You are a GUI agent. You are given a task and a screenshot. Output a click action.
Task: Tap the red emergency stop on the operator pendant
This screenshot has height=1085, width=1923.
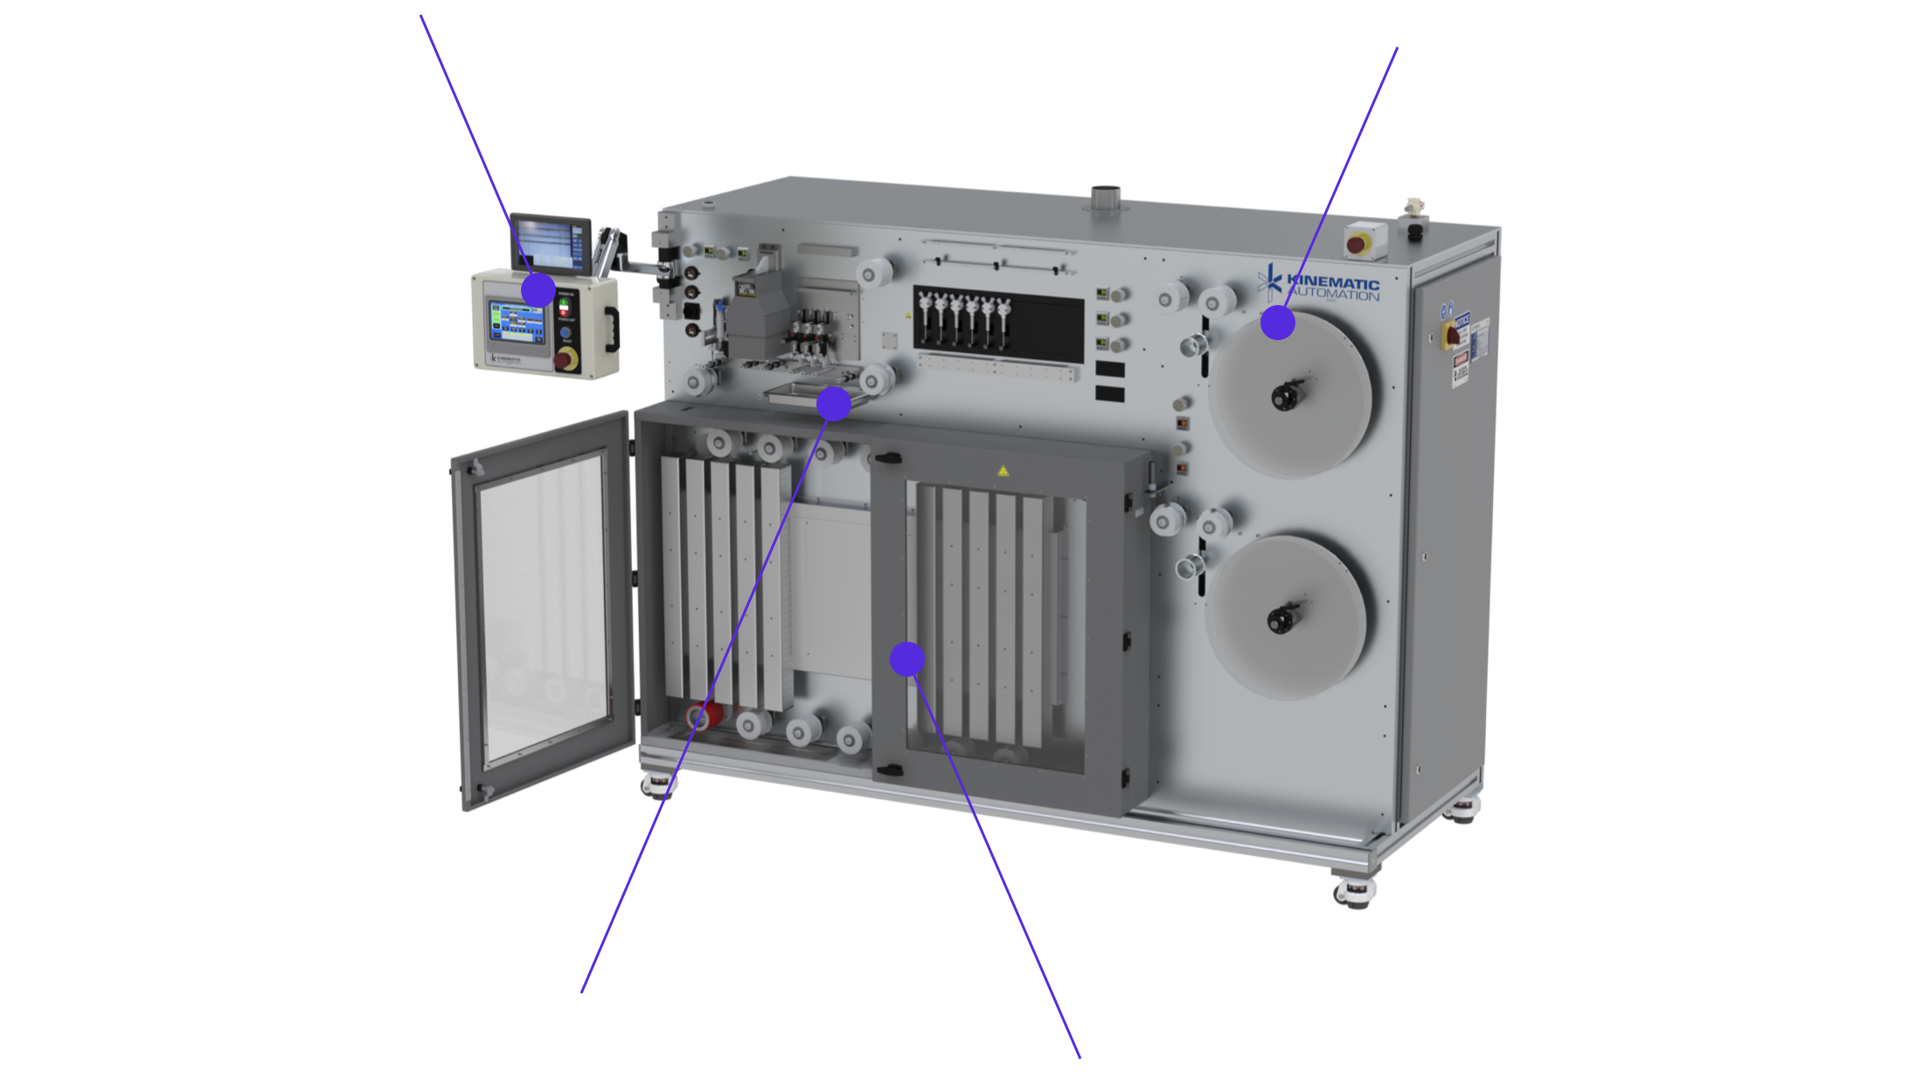click(x=565, y=358)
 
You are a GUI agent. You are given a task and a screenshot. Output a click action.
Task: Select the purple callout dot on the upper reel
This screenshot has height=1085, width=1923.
click(x=1277, y=323)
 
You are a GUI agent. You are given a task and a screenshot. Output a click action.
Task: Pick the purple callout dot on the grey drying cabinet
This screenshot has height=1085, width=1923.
click(x=907, y=658)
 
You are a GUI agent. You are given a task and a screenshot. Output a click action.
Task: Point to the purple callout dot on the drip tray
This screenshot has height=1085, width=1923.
click(x=833, y=404)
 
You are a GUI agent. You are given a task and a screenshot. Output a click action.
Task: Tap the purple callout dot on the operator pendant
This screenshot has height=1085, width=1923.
click(x=538, y=289)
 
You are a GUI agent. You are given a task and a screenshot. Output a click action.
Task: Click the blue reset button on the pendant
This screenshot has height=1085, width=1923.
click(x=565, y=332)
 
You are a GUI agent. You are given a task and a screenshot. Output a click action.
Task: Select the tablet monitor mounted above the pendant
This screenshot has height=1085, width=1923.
click(x=551, y=241)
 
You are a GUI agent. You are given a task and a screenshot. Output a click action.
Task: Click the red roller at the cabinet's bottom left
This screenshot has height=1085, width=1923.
click(x=703, y=718)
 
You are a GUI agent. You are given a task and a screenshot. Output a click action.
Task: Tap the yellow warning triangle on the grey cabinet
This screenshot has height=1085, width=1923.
click(x=1003, y=471)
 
